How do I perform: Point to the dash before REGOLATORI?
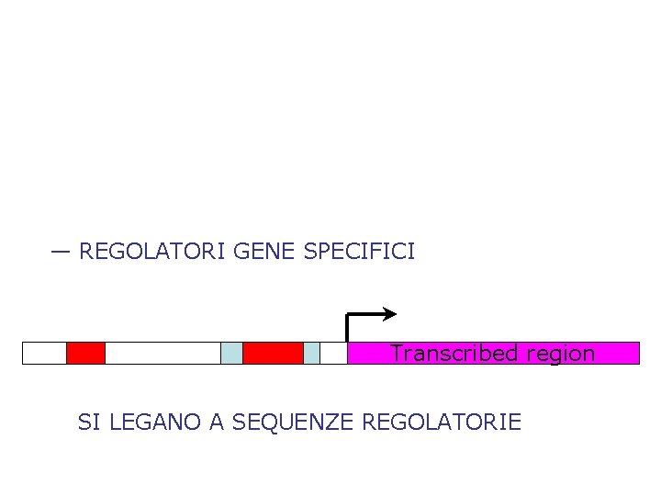click(62, 251)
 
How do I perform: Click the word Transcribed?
click(445, 354)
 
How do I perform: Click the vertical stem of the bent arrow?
click(347, 328)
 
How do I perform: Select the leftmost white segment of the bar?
click(44, 354)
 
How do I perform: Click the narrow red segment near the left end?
click(85, 354)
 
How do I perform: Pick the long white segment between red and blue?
click(162, 354)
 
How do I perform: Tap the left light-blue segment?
click(231, 354)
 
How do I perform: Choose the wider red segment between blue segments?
click(273, 354)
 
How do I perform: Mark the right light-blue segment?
click(311, 354)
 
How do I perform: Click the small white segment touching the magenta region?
click(333, 354)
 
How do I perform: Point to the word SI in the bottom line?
click(89, 423)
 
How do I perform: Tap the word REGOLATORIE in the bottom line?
click(443, 423)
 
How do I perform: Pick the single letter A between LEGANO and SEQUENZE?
click(217, 423)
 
